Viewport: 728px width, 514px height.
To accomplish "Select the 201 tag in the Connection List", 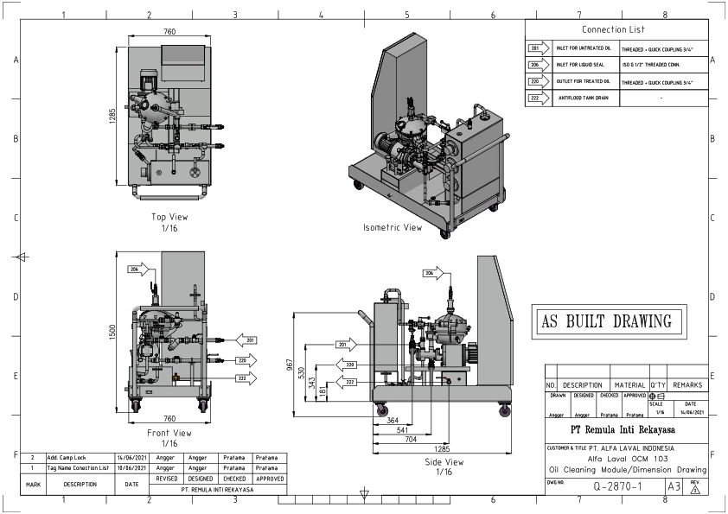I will [x=537, y=49].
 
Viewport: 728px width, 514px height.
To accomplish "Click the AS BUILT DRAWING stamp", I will [x=606, y=321].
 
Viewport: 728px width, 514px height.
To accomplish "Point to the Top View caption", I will [x=169, y=217].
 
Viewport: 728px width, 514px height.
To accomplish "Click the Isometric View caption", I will [x=393, y=228].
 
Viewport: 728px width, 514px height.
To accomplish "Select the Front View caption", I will [x=169, y=433].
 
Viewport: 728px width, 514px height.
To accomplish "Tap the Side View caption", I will [x=444, y=462].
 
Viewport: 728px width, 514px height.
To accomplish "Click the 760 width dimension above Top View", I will [x=169, y=32].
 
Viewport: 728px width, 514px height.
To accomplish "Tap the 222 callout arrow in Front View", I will [x=246, y=378].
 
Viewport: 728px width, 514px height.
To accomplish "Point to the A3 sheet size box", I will [x=675, y=487].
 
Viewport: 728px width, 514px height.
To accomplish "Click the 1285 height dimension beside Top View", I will [x=112, y=116].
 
